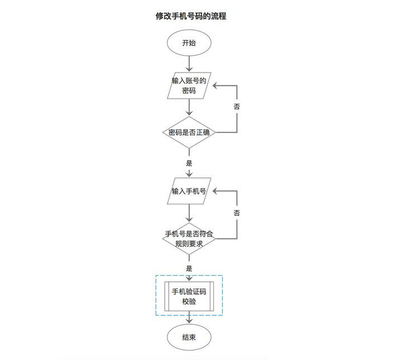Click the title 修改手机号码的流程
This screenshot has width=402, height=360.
coord(190,17)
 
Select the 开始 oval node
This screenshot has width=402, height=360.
coord(189,43)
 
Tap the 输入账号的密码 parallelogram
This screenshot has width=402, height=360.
coord(189,85)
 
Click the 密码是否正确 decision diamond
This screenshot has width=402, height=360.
coord(189,133)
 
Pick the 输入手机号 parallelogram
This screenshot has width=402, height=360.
coord(189,191)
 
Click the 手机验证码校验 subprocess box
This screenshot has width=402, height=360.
coord(189,296)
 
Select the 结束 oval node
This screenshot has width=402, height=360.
coord(189,337)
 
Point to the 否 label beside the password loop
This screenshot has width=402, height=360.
coord(237,106)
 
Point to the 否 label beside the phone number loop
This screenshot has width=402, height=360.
coord(237,213)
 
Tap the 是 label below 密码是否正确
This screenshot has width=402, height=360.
coord(189,164)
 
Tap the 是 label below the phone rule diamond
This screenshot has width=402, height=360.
coord(189,268)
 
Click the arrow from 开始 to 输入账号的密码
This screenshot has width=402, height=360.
coord(189,63)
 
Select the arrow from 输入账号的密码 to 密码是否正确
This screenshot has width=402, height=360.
coord(189,107)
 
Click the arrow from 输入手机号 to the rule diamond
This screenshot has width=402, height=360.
coord(189,212)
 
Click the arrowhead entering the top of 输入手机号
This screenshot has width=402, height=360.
coord(189,175)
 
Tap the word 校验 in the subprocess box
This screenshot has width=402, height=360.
coord(189,302)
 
